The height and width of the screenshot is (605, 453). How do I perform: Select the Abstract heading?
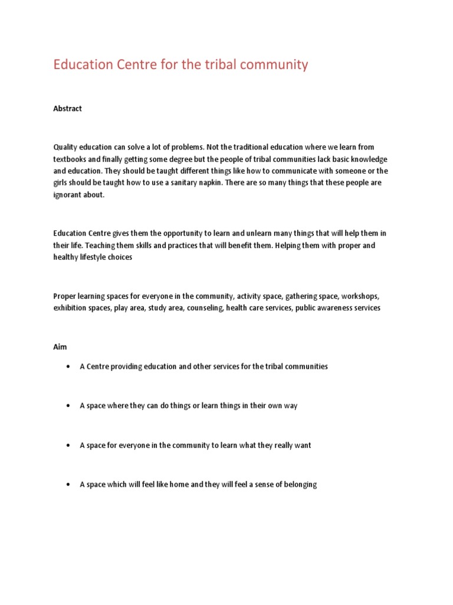coord(68,109)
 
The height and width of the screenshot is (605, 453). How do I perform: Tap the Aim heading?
coord(60,347)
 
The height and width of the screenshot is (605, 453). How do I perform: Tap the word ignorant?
coord(68,195)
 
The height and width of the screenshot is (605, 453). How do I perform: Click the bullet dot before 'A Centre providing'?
coord(68,367)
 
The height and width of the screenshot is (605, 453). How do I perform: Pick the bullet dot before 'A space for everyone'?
coord(68,445)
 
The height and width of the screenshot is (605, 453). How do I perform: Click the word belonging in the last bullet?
coord(297,484)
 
